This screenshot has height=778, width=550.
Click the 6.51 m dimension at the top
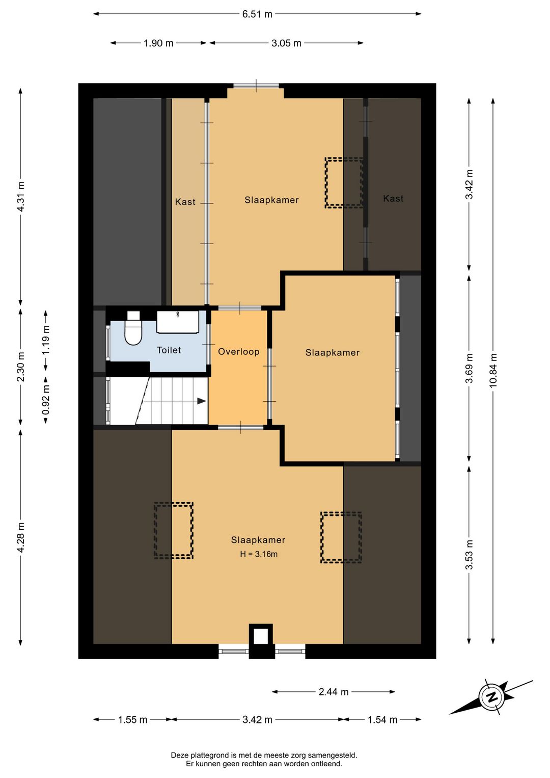coord(257,14)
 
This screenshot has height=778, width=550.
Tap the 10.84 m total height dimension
coord(493,370)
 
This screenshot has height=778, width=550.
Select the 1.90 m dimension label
coord(158,43)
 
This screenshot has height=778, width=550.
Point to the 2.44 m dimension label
coord(334,691)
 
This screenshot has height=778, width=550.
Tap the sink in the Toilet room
coord(178,322)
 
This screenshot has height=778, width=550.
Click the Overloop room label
coord(239,351)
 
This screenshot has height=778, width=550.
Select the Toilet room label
coord(169,350)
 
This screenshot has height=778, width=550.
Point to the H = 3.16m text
coord(259,554)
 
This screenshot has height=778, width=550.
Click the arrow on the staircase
coord(202,401)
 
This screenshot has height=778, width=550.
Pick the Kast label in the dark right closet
coord(393,198)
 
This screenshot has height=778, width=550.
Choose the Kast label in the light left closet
coord(185,202)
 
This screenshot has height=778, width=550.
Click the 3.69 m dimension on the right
coord(469,368)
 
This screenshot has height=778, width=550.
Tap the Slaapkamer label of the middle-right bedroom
coord(333,352)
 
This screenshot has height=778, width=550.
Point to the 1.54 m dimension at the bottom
coord(382,720)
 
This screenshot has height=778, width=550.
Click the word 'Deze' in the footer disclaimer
coord(179,755)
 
